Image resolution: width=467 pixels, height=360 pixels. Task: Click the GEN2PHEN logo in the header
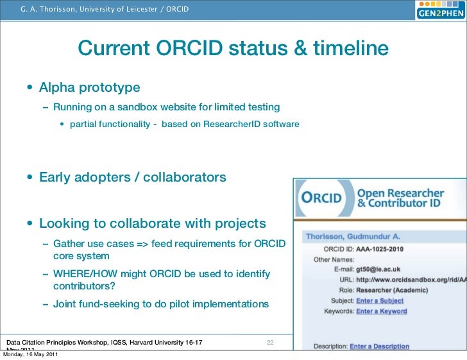point(439,12)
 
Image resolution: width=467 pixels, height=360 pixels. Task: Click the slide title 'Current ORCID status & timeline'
point(234,49)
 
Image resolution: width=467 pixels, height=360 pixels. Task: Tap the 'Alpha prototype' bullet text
point(89,87)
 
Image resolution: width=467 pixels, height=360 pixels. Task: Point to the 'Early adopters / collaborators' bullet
point(132,177)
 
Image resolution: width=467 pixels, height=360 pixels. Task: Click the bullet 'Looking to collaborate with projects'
point(152,223)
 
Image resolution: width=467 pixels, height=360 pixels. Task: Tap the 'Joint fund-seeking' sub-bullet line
point(161,304)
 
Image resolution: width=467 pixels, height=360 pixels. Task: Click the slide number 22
point(270,343)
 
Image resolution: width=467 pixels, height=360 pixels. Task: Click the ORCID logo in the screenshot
point(323,198)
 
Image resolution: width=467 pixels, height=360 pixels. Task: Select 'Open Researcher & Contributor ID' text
point(400,198)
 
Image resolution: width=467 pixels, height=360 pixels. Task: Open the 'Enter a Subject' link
point(380,300)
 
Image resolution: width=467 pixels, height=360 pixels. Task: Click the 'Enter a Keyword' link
point(381,311)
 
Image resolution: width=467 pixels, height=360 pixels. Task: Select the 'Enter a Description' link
point(379,346)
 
